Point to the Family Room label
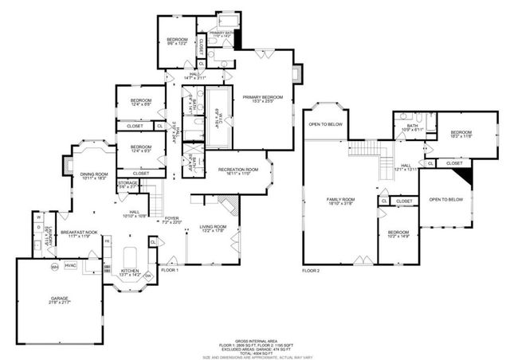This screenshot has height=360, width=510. (x=342, y=200)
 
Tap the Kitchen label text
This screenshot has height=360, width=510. (x=129, y=271)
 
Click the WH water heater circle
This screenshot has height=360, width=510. (x=55, y=265)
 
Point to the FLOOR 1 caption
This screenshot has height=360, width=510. (x=170, y=271)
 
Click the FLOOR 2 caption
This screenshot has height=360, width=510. (x=311, y=271)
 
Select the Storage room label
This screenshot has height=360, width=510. (x=127, y=184)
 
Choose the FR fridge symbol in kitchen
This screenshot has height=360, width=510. (x=107, y=240)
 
